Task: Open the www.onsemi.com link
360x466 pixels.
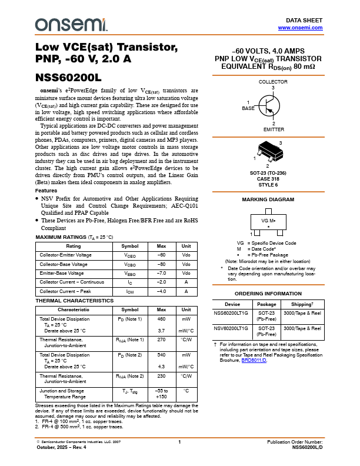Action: [300, 28]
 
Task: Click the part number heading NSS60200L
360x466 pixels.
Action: [69, 77]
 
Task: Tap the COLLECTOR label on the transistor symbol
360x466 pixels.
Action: [273, 82]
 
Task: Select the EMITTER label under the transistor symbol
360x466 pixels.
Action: [274, 129]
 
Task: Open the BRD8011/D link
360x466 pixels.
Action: [254, 360]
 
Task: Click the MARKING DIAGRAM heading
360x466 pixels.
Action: [268, 200]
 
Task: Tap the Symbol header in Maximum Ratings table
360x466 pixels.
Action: [130, 245]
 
